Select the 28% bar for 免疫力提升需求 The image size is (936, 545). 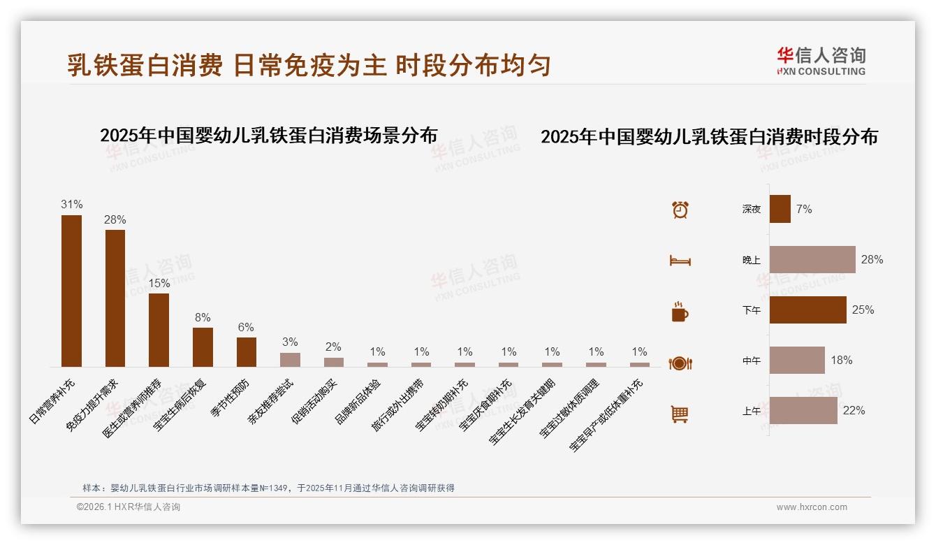tap(115, 298)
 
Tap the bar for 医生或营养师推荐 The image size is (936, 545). tap(159, 330)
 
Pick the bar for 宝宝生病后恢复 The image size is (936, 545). tap(203, 347)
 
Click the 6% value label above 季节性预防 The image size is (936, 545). tap(246, 327)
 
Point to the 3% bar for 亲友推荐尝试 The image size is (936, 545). tap(290, 359)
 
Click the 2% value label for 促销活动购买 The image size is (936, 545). tap(334, 347)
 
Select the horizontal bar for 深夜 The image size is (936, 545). tap(780, 209)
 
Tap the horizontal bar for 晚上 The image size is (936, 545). tap(812, 259)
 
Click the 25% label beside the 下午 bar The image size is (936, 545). tap(863, 310)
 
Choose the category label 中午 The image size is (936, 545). tap(752, 361)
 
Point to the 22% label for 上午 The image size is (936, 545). tap(854, 410)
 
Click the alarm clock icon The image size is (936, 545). tap(680, 210)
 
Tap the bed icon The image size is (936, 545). tap(680, 261)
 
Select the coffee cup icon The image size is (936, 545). tap(680, 312)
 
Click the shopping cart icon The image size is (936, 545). tap(680, 414)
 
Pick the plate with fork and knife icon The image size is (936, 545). tap(680, 363)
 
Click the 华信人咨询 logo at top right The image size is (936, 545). tap(821, 61)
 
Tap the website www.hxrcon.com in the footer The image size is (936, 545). tap(812, 507)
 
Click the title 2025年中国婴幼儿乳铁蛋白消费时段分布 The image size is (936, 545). tap(709, 137)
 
